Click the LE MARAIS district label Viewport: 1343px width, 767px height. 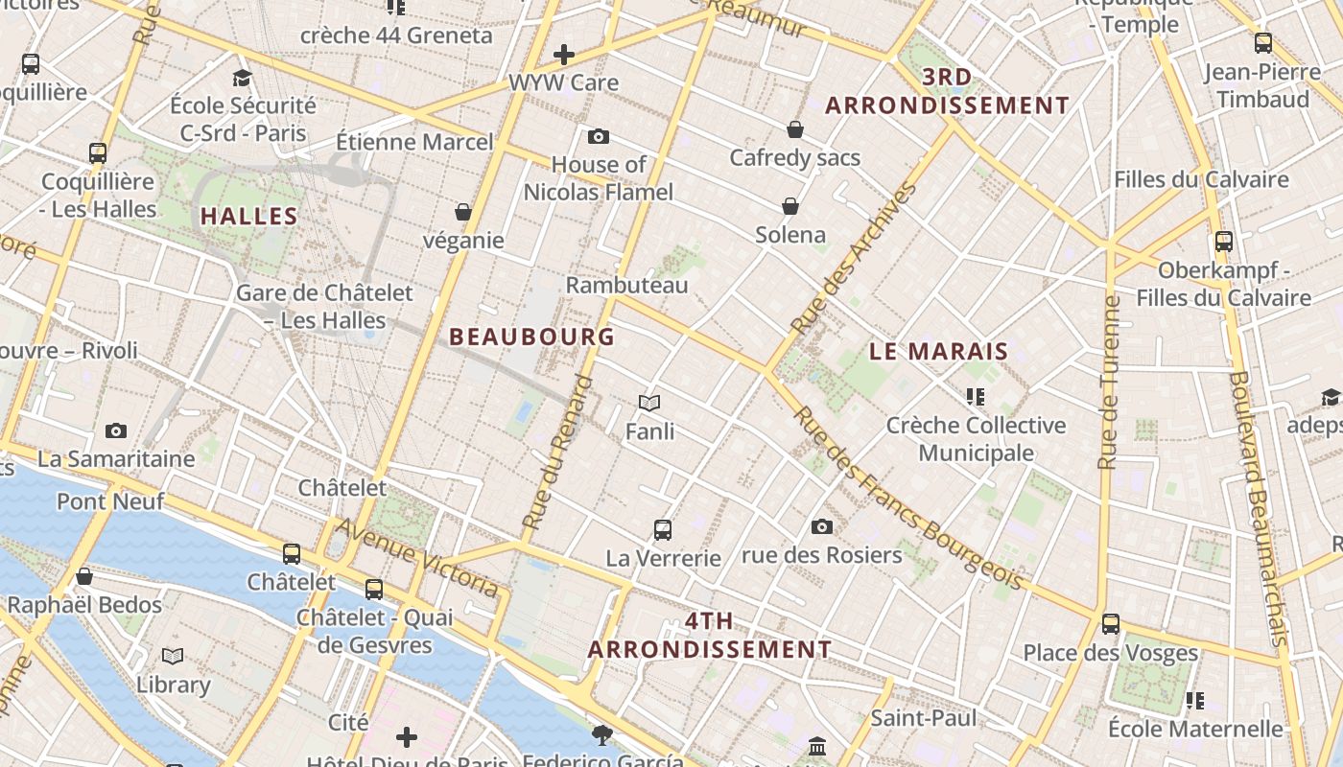[x=938, y=351]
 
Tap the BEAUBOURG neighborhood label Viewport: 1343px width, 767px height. [x=531, y=337]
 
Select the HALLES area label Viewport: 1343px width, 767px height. [x=248, y=217]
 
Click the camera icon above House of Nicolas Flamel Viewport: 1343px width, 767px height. [x=599, y=137]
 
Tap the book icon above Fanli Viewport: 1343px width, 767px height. [x=649, y=404]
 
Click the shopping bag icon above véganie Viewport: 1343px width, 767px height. [x=463, y=212]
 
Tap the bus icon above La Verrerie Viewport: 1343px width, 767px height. [x=662, y=529]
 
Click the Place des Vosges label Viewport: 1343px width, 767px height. [x=1110, y=653]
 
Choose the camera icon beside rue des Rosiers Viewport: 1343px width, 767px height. [x=821, y=526]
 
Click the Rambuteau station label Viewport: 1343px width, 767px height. [x=626, y=286]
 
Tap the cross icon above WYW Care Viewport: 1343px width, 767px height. [x=564, y=55]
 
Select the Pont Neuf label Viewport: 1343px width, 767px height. [x=110, y=500]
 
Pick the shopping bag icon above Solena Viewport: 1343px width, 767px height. [x=790, y=206]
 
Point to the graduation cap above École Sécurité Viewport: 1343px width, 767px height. [x=242, y=78]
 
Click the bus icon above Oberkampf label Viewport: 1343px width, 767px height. [x=1223, y=242]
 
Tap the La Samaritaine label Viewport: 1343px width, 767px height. [x=116, y=459]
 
